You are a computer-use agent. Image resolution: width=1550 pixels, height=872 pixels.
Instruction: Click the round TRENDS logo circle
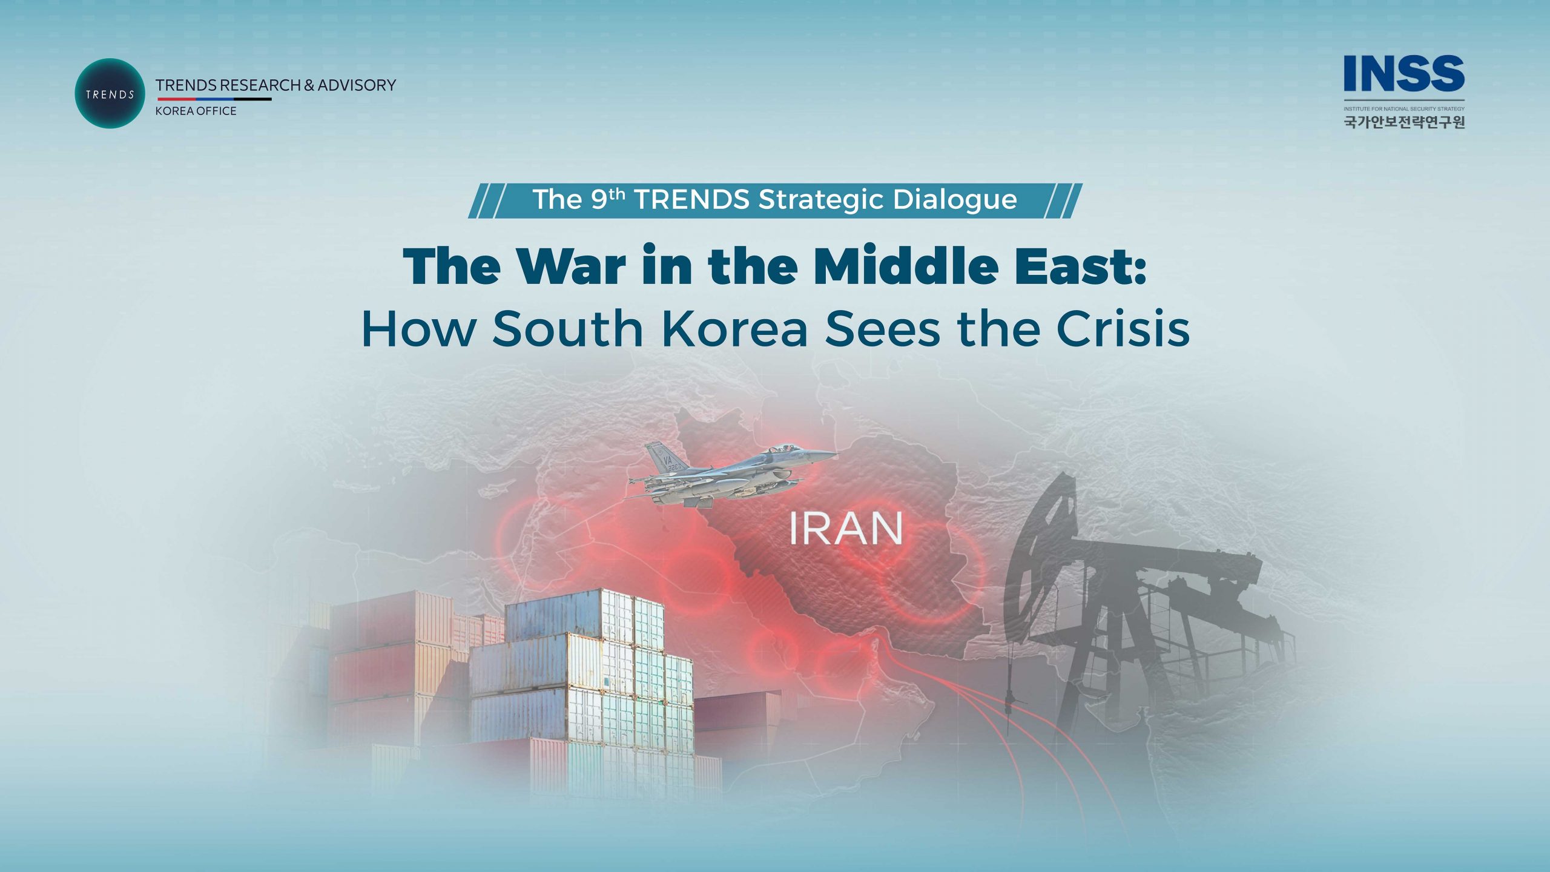point(110,93)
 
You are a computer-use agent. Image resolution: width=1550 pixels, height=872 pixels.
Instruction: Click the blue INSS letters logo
point(1403,73)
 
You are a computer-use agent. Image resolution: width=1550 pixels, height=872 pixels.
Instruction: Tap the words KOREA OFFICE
point(196,111)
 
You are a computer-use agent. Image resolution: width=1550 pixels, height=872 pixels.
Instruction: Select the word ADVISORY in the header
point(357,85)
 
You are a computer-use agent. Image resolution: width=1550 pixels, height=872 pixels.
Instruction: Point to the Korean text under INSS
point(1404,122)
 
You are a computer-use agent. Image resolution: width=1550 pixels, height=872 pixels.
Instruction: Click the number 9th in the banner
point(608,199)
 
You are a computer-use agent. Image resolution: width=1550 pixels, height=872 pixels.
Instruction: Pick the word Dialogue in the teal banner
point(955,200)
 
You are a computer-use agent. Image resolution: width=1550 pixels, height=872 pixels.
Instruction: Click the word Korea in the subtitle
point(735,328)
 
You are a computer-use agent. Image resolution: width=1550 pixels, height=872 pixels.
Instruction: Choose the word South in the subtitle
point(567,328)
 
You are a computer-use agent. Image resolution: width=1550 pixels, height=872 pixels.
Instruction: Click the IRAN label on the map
point(846,529)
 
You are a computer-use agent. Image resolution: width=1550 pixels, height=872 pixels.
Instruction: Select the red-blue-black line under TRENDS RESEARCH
point(214,99)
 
